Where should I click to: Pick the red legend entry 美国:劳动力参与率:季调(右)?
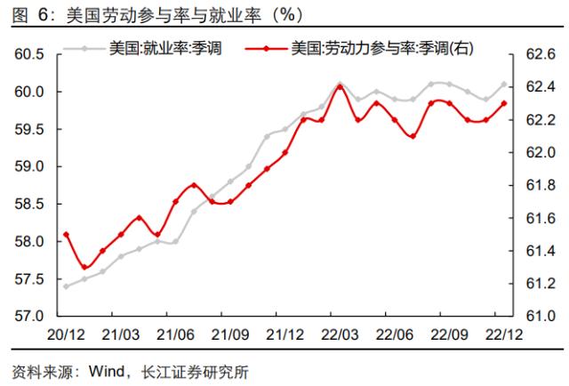[x=374, y=47]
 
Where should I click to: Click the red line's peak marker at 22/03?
[x=340, y=86]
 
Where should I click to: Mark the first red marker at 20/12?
[x=67, y=235]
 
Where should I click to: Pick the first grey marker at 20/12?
[x=67, y=286]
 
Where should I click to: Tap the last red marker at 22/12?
[x=504, y=103]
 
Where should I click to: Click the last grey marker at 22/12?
[x=504, y=84]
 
